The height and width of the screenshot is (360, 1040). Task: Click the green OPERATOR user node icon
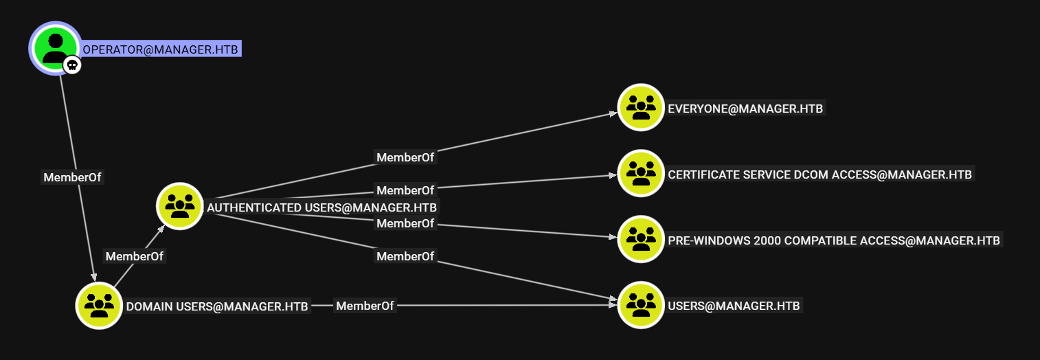(x=55, y=47)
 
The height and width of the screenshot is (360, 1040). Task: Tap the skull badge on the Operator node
(x=72, y=65)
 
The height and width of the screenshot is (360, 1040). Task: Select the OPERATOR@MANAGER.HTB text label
(x=161, y=49)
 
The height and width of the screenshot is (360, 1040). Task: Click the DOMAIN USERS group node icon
(x=99, y=305)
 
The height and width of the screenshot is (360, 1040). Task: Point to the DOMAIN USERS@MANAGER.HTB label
(x=217, y=306)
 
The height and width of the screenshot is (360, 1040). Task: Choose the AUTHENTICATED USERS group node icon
(x=179, y=205)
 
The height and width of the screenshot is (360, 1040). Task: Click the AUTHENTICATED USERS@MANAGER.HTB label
(x=321, y=207)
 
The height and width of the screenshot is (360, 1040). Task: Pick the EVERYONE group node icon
(x=640, y=107)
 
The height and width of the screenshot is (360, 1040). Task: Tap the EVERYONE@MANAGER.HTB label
(x=745, y=109)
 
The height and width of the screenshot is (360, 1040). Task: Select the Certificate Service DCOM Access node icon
(x=640, y=173)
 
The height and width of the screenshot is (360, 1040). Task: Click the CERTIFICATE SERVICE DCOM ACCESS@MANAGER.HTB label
(x=819, y=175)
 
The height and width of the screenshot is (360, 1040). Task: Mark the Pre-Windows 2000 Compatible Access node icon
(x=640, y=239)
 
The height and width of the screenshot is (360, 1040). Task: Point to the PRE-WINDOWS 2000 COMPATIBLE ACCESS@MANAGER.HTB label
(x=834, y=240)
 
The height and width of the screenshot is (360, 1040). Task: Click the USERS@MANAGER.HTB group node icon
(x=640, y=304)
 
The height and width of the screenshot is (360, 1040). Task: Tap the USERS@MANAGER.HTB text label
(x=734, y=306)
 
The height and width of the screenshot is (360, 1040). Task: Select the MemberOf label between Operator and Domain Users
(x=72, y=177)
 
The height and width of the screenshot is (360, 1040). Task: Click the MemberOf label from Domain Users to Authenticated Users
(x=135, y=256)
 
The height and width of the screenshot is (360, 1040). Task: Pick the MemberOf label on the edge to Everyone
(x=405, y=157)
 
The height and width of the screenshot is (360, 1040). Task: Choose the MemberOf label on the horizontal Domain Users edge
(x=365, y=306)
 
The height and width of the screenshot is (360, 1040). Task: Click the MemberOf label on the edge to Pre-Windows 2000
(x=405, y=223)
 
